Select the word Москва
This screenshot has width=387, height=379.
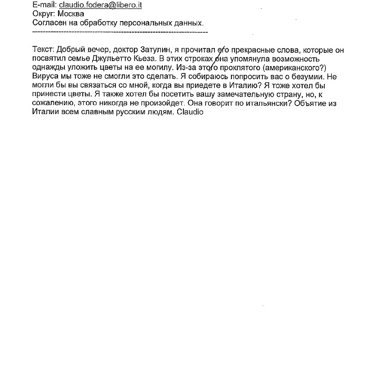(x=71, y=14)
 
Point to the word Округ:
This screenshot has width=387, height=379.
(x=44, y=14)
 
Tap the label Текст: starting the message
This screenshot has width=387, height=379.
(x=44, y=50)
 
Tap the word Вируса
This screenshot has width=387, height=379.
(x=46, y=77)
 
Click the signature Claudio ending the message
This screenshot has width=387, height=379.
(x=190, y=113)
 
